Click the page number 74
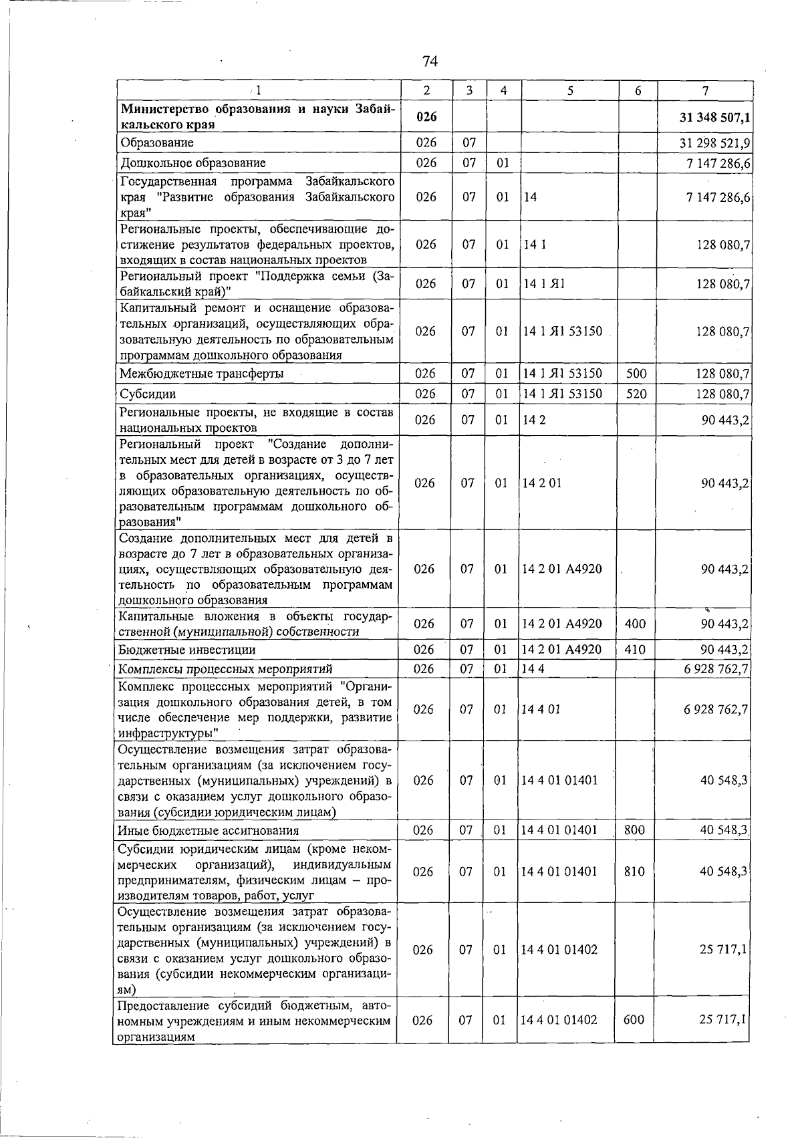[x=430, y=61]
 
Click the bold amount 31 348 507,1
[x=714, y=118]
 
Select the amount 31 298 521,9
[x=714, y=143]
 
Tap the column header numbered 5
[x=569, y=91]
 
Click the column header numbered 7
[x=705, y=91]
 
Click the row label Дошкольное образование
[x=192, y=163]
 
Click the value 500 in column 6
[x=636, y=374]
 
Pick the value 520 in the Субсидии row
[x=636, y=394]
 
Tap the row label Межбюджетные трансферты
[x=200, y=374]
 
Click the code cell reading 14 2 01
[x=541, y=483]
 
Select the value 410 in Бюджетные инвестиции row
[x=635, y=650]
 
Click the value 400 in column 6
[x=635, y=624]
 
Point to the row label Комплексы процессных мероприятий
[x=225, y=669]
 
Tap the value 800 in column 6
[x=634, y=830]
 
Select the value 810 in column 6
[x=634, y=872]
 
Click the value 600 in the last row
[x=634, y=1021]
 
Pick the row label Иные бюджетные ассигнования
[x=208, y=831]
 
